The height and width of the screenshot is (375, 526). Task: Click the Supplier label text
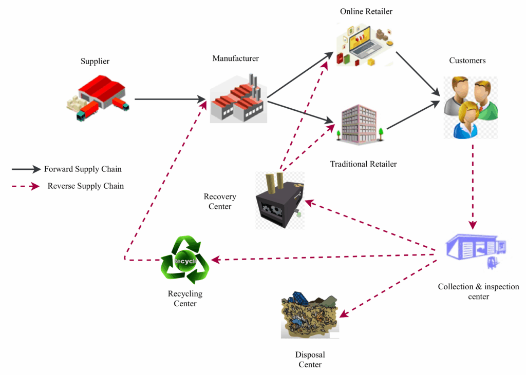point(95,62)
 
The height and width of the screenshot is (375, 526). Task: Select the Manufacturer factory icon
point(237,98)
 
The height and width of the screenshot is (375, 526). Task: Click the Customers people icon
point(471,107)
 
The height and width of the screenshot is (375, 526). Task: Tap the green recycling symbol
point(185,260)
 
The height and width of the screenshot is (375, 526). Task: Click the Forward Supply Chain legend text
point(83,169)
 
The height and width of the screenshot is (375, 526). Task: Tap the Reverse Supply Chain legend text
point(85,186)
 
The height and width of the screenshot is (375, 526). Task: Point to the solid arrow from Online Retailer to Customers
point(418,73)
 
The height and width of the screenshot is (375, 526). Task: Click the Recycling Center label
point(185,299)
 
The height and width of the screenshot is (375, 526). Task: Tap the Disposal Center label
point(310,360)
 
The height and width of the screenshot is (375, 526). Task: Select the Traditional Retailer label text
point(363,164)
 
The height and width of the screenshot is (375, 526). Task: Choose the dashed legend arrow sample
point(26,186)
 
